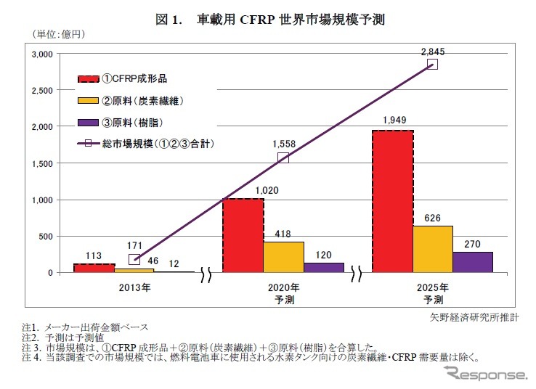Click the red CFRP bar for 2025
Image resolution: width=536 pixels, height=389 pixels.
point(393,202)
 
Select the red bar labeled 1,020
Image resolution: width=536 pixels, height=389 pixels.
point(243,235)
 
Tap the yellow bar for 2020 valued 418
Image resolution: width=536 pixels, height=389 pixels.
point(283,257)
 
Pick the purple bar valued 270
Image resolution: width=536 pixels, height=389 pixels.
point(473,262)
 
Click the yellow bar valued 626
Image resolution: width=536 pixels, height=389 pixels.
point(434,249)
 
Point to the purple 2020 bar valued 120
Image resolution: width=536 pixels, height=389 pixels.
point(323,267)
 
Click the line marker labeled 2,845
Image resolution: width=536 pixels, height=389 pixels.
point(432,64)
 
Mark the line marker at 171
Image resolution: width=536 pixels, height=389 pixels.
point(134,259)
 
